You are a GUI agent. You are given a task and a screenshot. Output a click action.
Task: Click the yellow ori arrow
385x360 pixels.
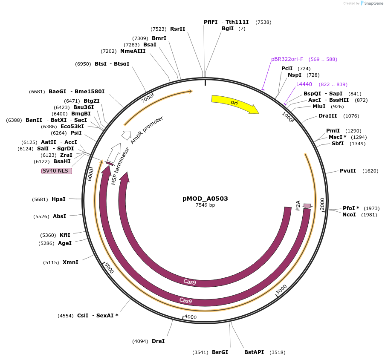[x=234, y=104]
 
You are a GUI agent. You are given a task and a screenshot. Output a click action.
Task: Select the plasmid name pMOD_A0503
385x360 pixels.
[x=205, y=199]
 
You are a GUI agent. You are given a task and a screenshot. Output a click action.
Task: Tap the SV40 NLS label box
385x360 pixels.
[x=57, y=171]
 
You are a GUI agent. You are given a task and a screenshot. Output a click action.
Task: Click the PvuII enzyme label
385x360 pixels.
[x=347, y=171]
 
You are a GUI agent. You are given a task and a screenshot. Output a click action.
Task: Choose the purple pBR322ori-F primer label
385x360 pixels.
[x=287, y=59]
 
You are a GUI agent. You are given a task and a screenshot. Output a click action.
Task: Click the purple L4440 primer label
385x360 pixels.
[x=304, y=84]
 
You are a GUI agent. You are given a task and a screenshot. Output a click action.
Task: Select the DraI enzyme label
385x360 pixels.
[x=158, y=341]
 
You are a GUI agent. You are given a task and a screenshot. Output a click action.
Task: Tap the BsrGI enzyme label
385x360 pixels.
[x=220, y=352]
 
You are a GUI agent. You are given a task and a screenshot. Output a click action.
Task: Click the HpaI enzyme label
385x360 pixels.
[x=58, y=199]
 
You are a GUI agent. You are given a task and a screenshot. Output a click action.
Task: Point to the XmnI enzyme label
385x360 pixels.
[x=70, y=262]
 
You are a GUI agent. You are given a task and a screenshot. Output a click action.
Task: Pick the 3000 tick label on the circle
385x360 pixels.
[x=281, y=289]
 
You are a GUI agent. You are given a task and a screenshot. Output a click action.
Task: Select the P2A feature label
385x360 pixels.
[x=298, y=205]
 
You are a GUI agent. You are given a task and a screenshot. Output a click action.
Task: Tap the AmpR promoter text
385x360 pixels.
[x=147, y=130]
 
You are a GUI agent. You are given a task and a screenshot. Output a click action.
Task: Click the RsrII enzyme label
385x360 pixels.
[x=177, y=29]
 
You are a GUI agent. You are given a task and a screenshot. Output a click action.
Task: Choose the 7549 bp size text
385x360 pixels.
[x=205, y=205]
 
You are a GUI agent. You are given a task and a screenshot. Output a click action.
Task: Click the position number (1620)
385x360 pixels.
[x=370, y=171]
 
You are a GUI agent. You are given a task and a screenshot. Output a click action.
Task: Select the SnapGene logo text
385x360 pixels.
[x=373, y=3]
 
